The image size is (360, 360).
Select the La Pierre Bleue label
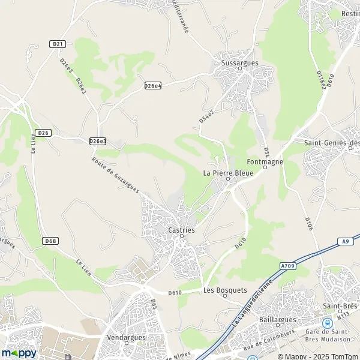(228, 173)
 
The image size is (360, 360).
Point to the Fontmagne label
(265, 162)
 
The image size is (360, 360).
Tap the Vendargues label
(127, 338)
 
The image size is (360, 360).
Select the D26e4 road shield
(153, 86)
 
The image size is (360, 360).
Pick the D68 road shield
(51, 241)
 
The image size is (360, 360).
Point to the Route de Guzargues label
(116, 175)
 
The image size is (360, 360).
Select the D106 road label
(308, 224)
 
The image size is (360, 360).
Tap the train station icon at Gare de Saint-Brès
(327, 323)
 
